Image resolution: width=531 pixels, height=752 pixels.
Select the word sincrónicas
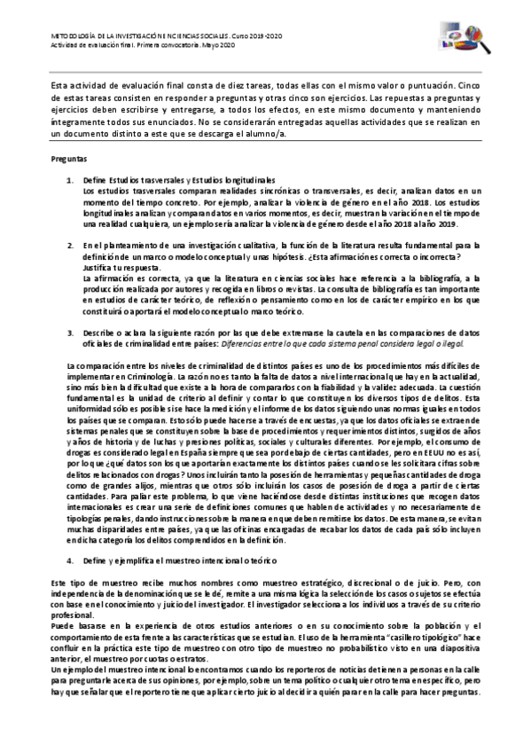tap(269, 190)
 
